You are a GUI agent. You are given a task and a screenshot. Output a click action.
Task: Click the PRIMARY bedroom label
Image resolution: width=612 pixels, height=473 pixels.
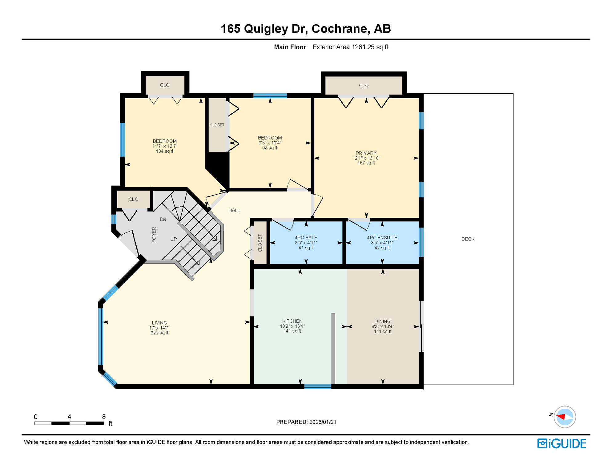pos(366,153)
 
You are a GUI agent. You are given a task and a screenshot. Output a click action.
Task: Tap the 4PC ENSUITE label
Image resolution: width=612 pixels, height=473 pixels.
pos(382,238)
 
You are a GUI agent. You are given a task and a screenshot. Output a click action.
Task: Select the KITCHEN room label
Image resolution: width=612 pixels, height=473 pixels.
pos(292,321)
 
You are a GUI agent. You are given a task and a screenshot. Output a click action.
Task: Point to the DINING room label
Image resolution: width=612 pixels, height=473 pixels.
pos(382,321)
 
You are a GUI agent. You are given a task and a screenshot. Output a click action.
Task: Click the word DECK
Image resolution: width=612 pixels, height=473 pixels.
pos(468,239)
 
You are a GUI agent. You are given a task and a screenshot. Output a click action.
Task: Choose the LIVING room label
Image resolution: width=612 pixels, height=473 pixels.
pos(159,323)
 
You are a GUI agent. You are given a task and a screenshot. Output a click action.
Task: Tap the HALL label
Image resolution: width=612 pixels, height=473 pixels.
pos(234,210)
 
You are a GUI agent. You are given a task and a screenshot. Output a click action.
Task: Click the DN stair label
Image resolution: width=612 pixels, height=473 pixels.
pos(163,219)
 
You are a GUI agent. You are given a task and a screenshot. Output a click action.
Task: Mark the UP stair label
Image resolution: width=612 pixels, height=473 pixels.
pos(173,239)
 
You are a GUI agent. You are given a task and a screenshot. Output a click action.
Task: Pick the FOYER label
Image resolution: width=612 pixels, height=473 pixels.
pos(154,235)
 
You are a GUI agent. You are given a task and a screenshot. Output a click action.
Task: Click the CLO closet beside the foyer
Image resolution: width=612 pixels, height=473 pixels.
pos(133,199)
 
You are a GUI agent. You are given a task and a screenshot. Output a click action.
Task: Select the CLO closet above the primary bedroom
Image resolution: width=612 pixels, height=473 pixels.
pos(364,85)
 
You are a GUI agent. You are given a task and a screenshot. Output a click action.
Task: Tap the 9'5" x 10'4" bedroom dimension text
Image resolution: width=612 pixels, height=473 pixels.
pos(270,143)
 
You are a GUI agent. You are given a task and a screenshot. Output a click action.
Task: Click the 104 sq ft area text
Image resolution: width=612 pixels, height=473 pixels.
pos(164,151)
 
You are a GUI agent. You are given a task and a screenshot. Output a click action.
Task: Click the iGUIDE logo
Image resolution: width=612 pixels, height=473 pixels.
pos(561,443)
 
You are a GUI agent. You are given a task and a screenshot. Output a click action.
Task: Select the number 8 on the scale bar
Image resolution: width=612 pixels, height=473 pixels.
pos(104,417)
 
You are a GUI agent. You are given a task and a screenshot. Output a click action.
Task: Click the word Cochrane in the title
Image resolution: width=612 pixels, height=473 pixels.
pos(340,29)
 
